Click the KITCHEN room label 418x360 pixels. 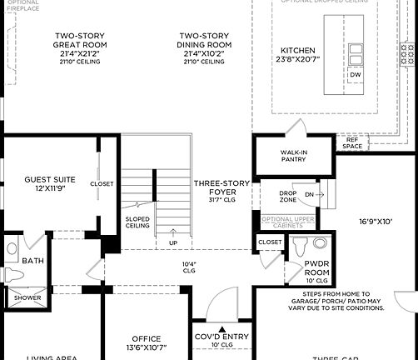297,50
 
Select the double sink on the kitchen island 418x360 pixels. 356,54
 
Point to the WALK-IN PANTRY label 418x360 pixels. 295,157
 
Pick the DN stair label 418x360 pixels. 309,194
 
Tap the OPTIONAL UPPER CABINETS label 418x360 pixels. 287,222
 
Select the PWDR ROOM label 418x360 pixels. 315,268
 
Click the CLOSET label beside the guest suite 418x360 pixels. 102,183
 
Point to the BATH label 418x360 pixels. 33,261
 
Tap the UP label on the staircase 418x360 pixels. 172,243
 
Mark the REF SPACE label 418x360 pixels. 352,143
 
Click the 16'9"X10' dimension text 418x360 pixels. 376,222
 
